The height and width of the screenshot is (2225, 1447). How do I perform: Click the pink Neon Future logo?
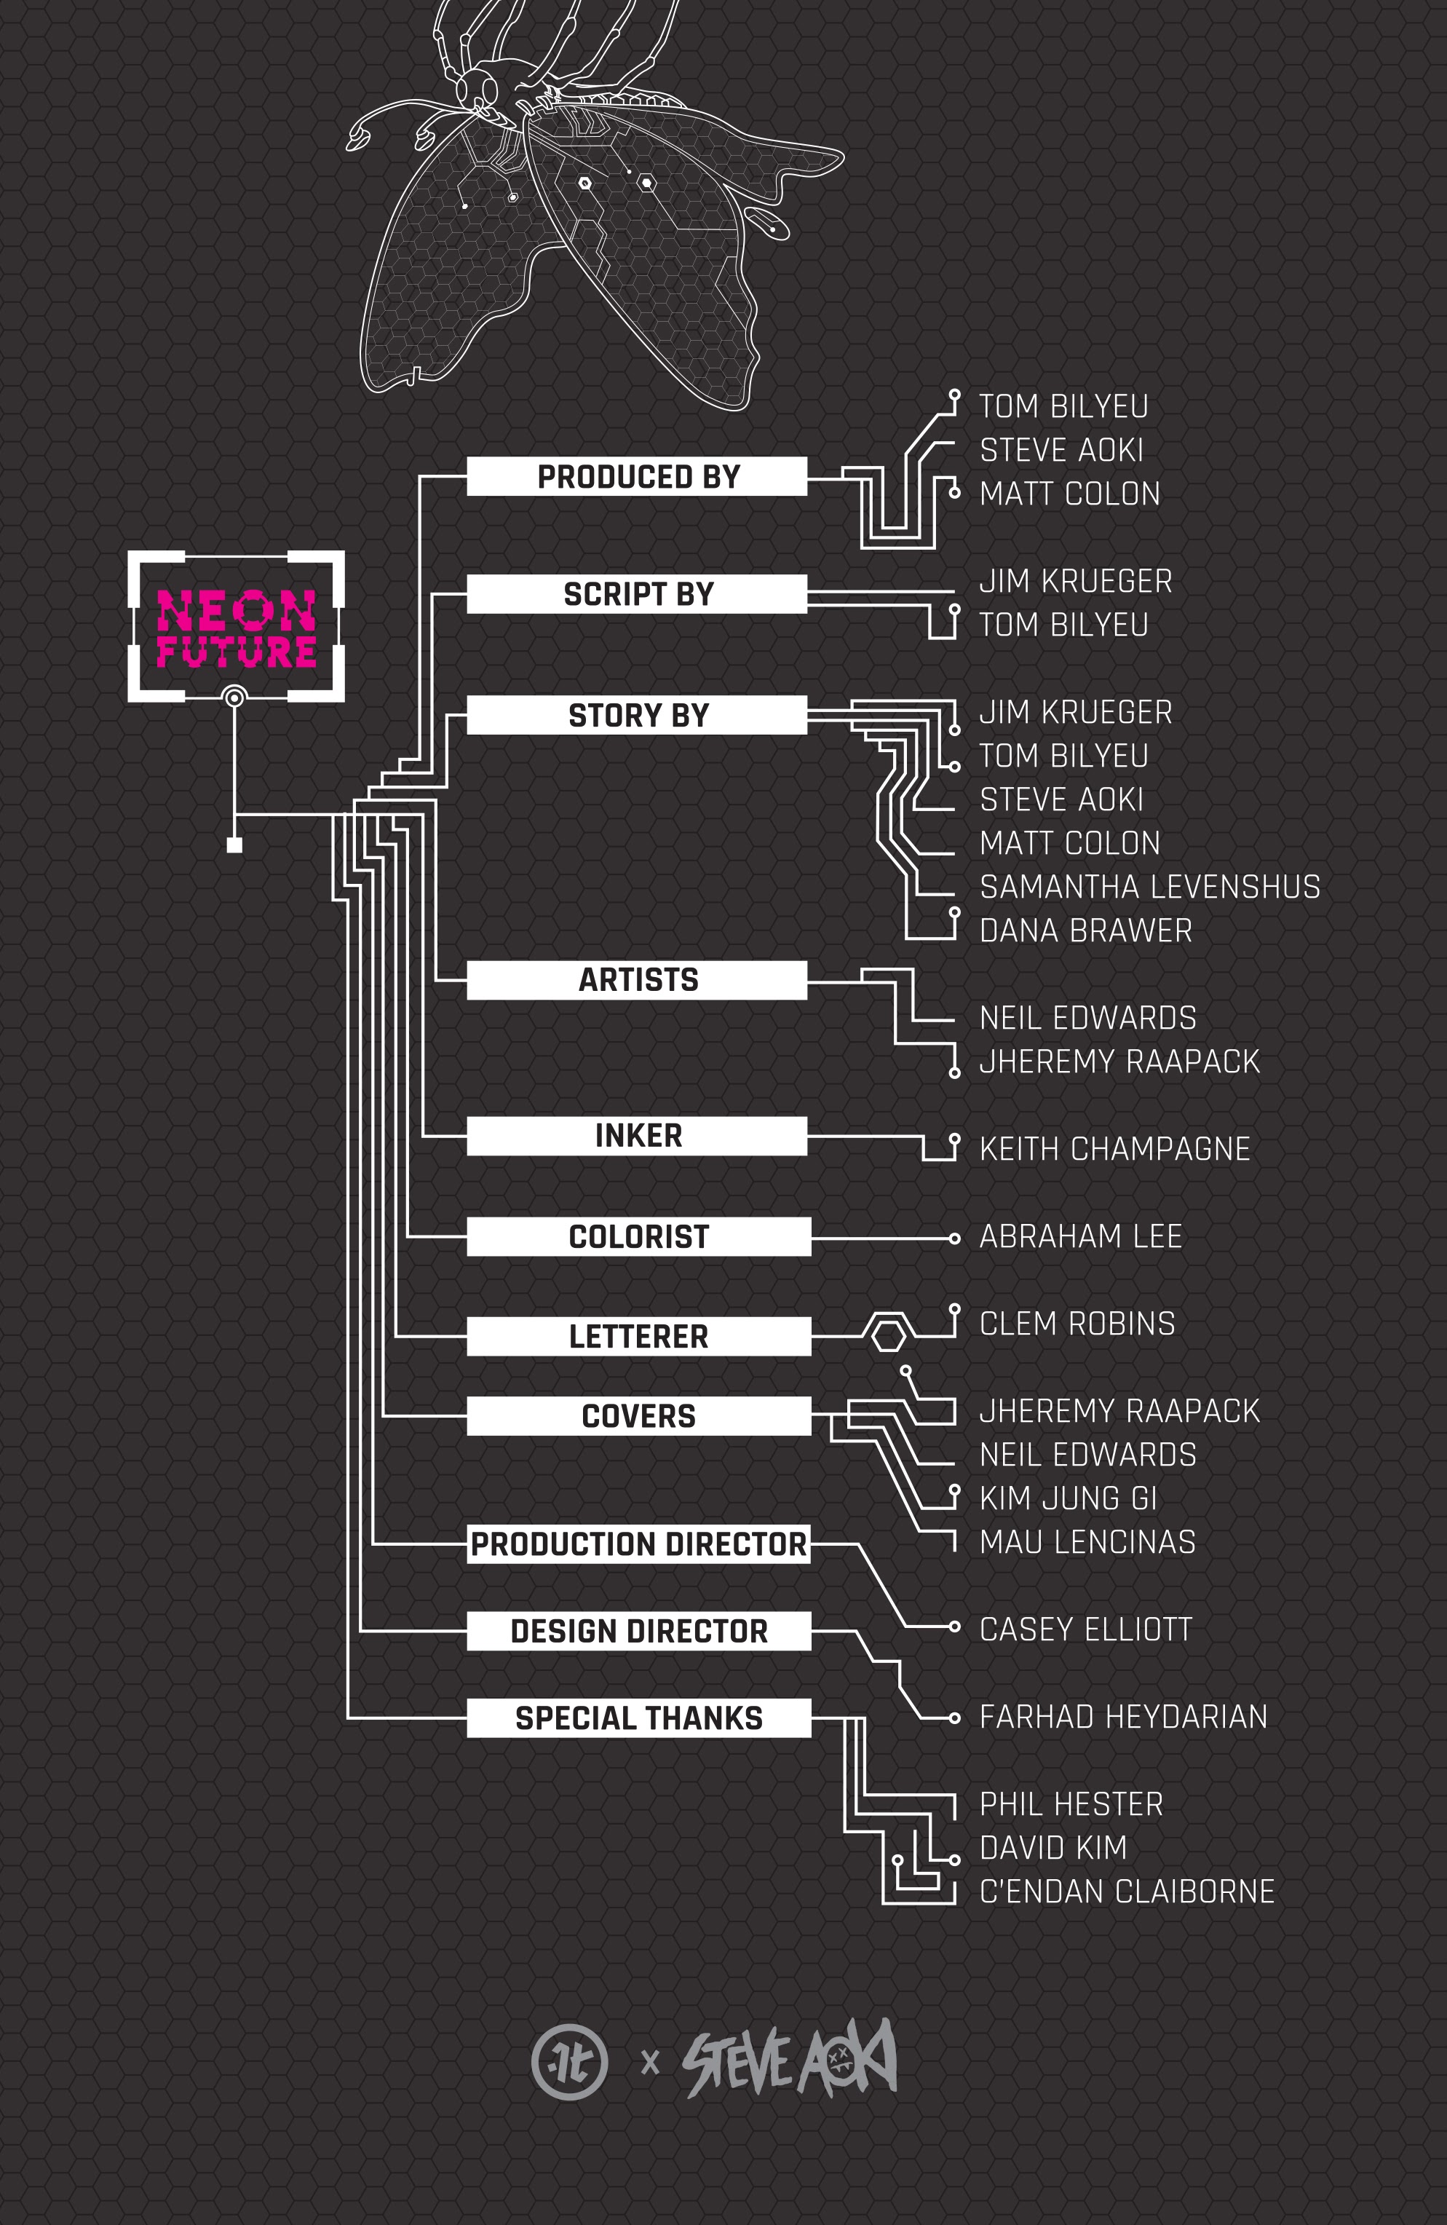tap(236, 628)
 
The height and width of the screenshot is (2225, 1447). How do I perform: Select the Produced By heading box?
tap(637, 477)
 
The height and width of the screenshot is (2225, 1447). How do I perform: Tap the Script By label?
tap(637, 595)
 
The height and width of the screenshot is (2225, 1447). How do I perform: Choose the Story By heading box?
tap(637, 715)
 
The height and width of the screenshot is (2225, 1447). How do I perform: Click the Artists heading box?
tap(637, 980)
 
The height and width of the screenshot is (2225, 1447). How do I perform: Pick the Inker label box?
tap(637, 1136)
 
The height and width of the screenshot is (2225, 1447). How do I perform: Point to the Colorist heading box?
tap(638, 1237)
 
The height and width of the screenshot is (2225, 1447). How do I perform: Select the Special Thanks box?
tap(638, 1718)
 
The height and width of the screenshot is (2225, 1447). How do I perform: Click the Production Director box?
tap(638, 1544)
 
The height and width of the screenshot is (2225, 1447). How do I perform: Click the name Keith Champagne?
tap(1114, 1149)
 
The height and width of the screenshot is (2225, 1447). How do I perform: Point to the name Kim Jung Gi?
tap(1068, 1498)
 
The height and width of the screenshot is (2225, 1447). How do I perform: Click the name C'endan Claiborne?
tap(1127, 1892)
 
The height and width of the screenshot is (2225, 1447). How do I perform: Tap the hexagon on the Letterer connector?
tap(888, 1336)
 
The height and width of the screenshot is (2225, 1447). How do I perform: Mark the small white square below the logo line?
tap(234, 845)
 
